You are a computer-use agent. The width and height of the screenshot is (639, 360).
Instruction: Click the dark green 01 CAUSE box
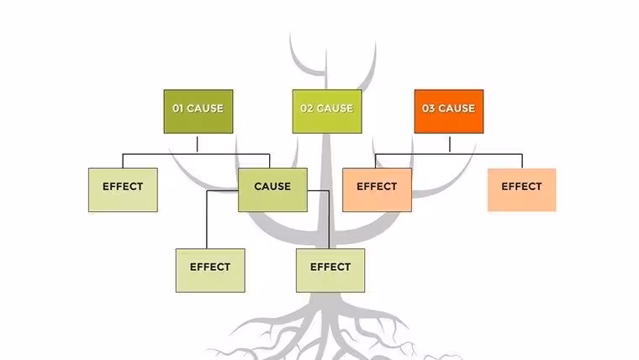tap(198, 111)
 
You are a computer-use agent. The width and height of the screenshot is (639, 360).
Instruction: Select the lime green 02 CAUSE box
tap(327, 111)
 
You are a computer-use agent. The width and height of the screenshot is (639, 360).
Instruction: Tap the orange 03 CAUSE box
tap(449, 111)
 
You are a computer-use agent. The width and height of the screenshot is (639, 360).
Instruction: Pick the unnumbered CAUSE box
tap(272, 190)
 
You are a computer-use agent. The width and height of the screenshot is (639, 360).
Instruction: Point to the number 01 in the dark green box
tap(177, 109)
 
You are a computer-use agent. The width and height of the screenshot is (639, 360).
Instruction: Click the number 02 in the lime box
tap(306, 109)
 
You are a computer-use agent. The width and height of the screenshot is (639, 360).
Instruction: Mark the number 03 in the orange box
tap(428, 109)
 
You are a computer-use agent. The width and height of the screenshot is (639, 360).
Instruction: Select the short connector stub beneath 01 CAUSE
tap(198, 145)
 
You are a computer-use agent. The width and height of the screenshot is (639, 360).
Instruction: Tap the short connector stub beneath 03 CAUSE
tap(450, 145)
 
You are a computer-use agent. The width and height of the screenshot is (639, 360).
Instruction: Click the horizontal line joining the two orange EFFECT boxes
tap(449, 154)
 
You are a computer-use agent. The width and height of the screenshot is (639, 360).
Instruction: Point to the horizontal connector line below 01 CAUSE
tap(196, 154)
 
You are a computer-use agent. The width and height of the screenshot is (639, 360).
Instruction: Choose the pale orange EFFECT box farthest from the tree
tap(521, 190)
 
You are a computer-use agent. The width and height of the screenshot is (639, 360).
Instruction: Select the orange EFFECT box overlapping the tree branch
tap(377, 190)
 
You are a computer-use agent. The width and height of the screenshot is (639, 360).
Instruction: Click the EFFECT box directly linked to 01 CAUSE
tap(123, 190)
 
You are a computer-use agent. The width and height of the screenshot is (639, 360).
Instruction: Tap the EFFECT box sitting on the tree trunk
tap(330, 270)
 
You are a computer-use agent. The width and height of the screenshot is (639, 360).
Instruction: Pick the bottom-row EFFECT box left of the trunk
tap(210, 270)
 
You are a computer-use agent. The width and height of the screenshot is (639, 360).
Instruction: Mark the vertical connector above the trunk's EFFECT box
tap(329, 220)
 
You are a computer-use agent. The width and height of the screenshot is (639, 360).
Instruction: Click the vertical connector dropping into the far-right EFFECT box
tap(522, 161)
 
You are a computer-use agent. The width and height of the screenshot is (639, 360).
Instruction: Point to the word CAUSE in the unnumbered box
tap(272, 187)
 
